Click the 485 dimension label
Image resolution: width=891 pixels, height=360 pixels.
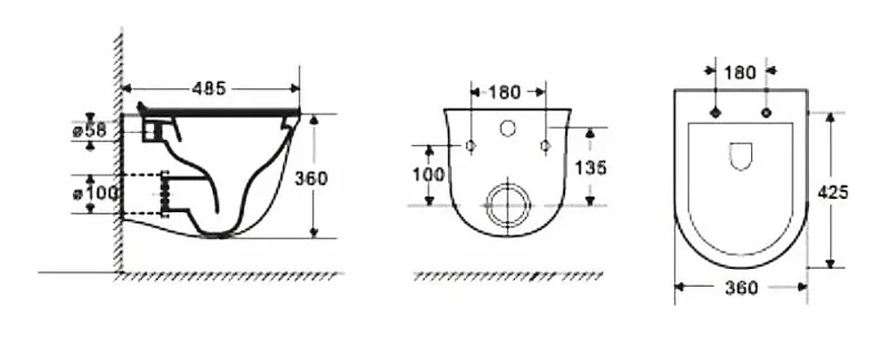209,88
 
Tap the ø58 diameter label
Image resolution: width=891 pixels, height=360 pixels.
89,131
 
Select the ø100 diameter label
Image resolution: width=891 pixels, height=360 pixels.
95,193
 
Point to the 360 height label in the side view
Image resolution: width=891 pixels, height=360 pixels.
311,178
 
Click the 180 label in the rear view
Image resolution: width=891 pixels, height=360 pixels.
504,92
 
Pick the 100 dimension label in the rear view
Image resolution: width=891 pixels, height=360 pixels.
429,175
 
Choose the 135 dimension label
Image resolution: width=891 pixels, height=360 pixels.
591,168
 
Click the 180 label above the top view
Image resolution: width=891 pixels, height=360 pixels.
740,72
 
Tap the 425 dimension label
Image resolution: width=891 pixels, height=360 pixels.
832,192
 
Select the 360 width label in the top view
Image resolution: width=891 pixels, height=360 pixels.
741,289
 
